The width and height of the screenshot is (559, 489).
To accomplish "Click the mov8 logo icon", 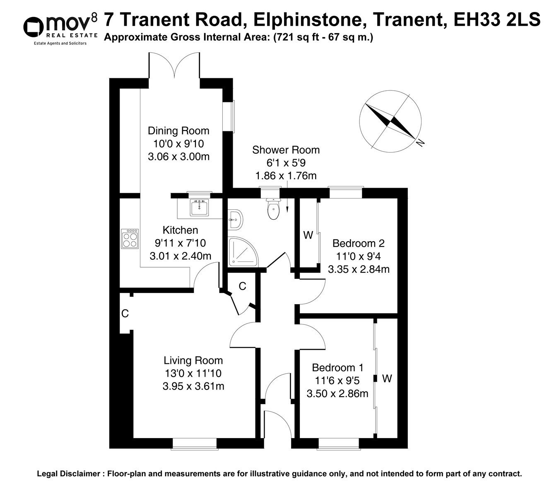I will tap(34, 27).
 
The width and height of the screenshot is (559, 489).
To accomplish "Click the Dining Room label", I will tap(178, 131).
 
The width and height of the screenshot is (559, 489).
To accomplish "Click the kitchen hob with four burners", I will tap(129, 239).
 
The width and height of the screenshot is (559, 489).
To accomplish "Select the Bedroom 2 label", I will tap(359, 243).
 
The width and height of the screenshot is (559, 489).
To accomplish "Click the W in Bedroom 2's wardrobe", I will tap(308, 235).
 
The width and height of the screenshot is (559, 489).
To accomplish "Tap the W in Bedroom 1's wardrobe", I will tap(387, 378).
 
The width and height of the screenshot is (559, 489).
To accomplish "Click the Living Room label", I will tap(193, 361).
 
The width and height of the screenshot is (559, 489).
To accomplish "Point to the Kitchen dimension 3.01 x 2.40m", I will tap(181, 256).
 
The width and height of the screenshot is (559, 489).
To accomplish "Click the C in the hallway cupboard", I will tap(243, 286).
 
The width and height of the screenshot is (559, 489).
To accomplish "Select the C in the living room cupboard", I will tap(125, 314).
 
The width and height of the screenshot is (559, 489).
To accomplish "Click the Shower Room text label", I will tap(286, 150).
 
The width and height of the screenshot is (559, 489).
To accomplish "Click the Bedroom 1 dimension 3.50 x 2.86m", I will tap(337, 393).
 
